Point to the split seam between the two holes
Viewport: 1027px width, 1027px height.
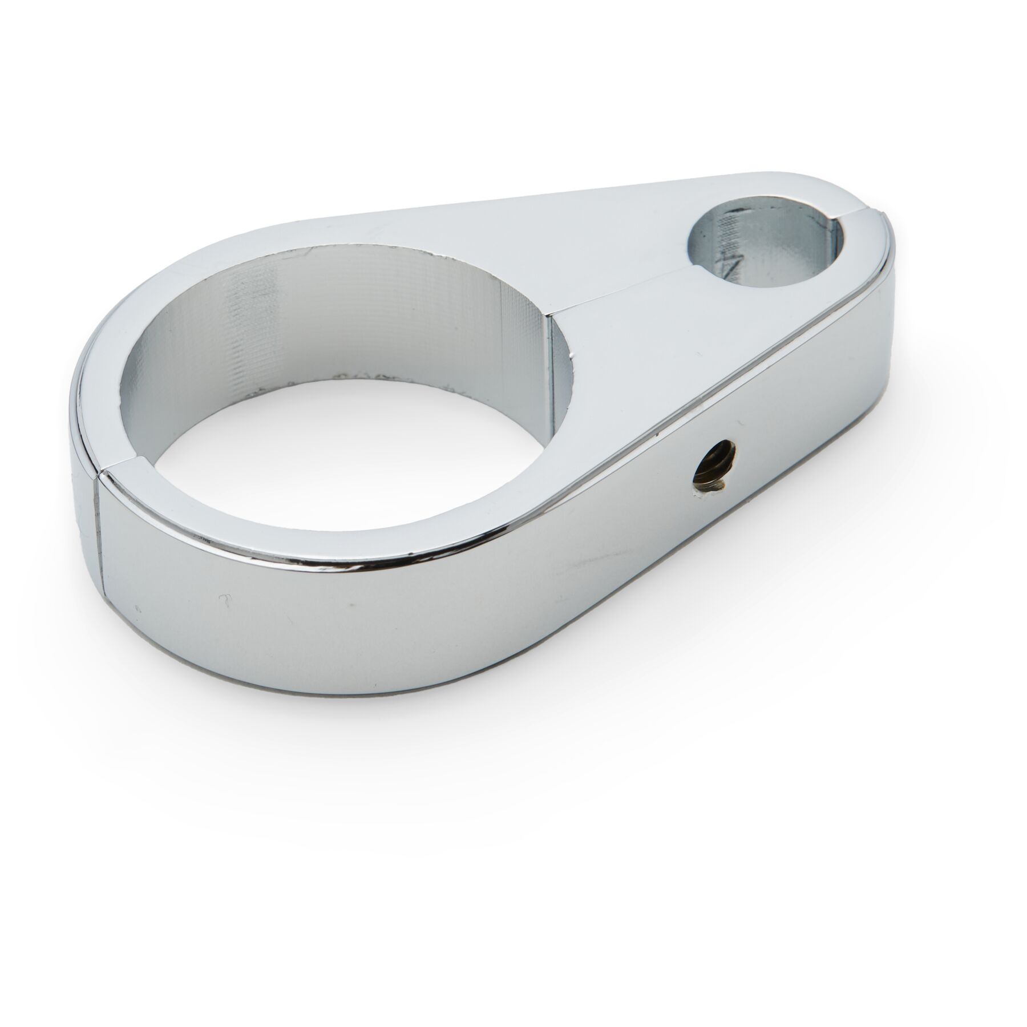coord(628,291)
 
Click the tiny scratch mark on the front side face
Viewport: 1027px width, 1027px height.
coord(225,599)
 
